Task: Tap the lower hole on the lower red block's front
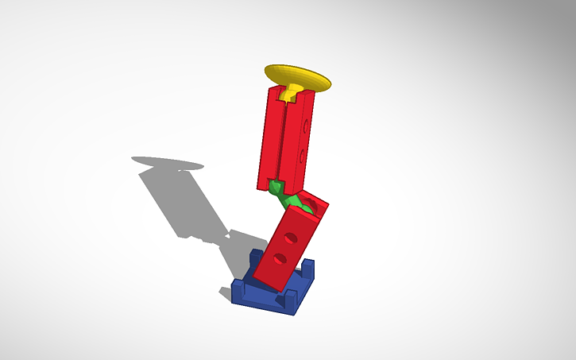pos(279,258)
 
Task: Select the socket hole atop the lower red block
pos(311,206)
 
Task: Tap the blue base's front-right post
pos(291,300)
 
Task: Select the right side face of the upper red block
pos(303,139)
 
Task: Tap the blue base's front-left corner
pos(234,296)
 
